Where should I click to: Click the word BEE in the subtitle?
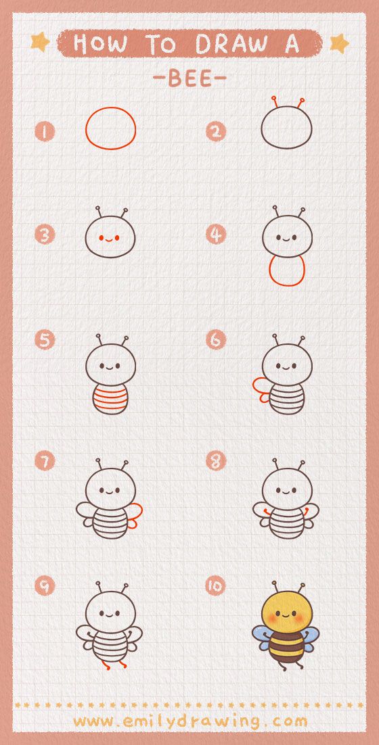(x=189, y=79)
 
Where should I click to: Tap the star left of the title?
(x=40, y=42)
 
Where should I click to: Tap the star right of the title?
(x=340, y=44)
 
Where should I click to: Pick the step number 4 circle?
(x=216, y=234)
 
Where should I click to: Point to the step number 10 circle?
(x=216, y=586)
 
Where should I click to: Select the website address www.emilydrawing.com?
(x=190, y=722)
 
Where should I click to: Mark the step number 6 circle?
(x=216, y=339)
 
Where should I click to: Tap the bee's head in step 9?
(x=111, y=613)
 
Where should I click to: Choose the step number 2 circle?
(x=216, y=132)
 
